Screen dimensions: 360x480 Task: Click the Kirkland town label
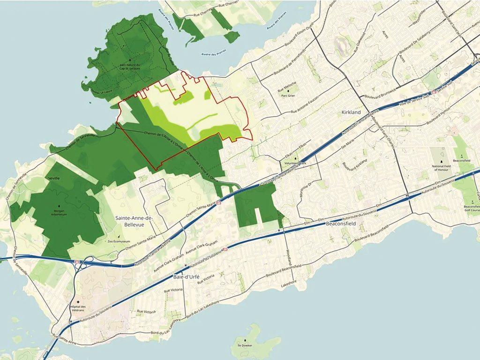pyautogui.click(x=344, y=113)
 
